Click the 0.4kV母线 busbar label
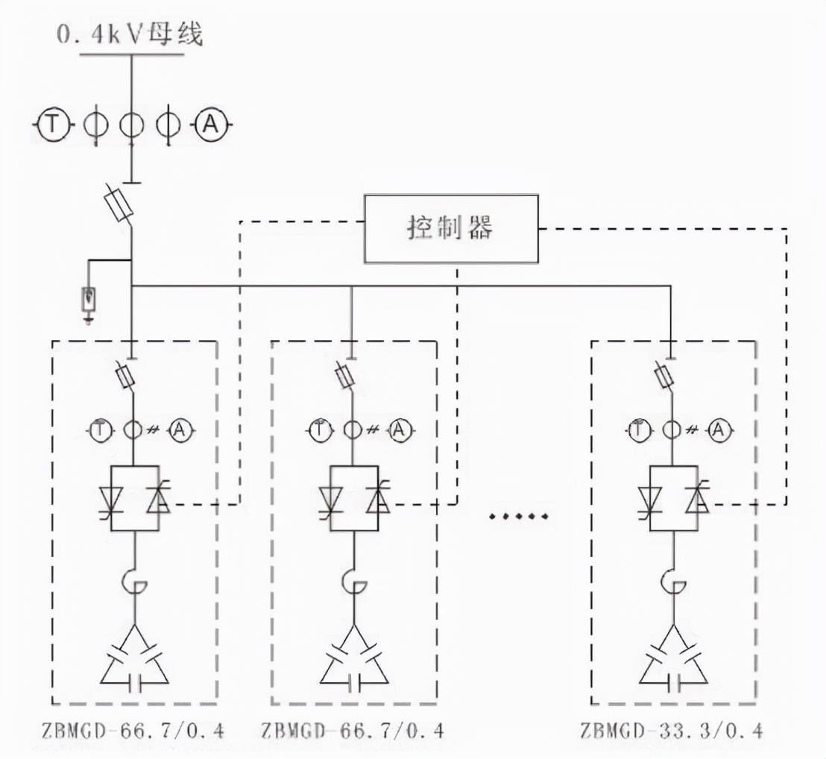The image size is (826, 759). pos(130,34)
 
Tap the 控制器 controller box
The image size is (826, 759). pos(450,228)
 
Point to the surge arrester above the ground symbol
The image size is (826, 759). pos(89,300)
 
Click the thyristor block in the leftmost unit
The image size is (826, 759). pos(134,497)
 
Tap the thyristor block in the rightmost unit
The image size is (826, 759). pos(673,497)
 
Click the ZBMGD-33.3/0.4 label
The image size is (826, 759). pos(671,730)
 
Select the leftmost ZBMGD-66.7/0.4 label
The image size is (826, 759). pos(131,730)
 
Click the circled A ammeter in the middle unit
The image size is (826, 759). pos(400,429)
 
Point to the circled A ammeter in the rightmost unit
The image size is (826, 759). pos(719,429)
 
